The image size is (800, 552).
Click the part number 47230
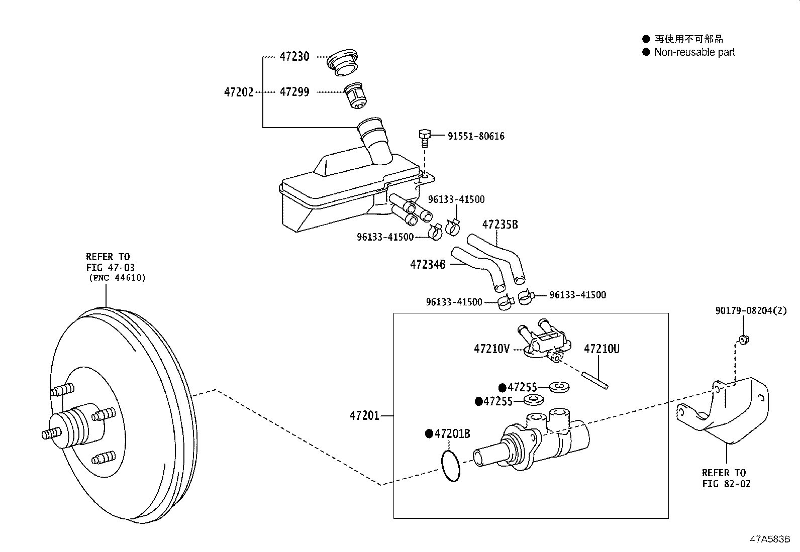coord(294,57)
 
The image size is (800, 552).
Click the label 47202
coord(239,92)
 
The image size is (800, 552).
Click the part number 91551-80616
coord(476,136)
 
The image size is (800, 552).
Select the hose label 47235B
coord(499,225)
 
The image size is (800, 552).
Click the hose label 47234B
coord(428,264)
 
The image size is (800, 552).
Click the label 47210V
coord(491,349)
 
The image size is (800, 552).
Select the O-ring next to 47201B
coord(451,466)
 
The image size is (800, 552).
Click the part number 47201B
coord(452,433)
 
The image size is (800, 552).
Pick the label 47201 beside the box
coord(364,416)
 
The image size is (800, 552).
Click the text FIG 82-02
coord(726,484)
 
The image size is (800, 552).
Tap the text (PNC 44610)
coord(117,278)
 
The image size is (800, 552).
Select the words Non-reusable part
coord(694,52)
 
